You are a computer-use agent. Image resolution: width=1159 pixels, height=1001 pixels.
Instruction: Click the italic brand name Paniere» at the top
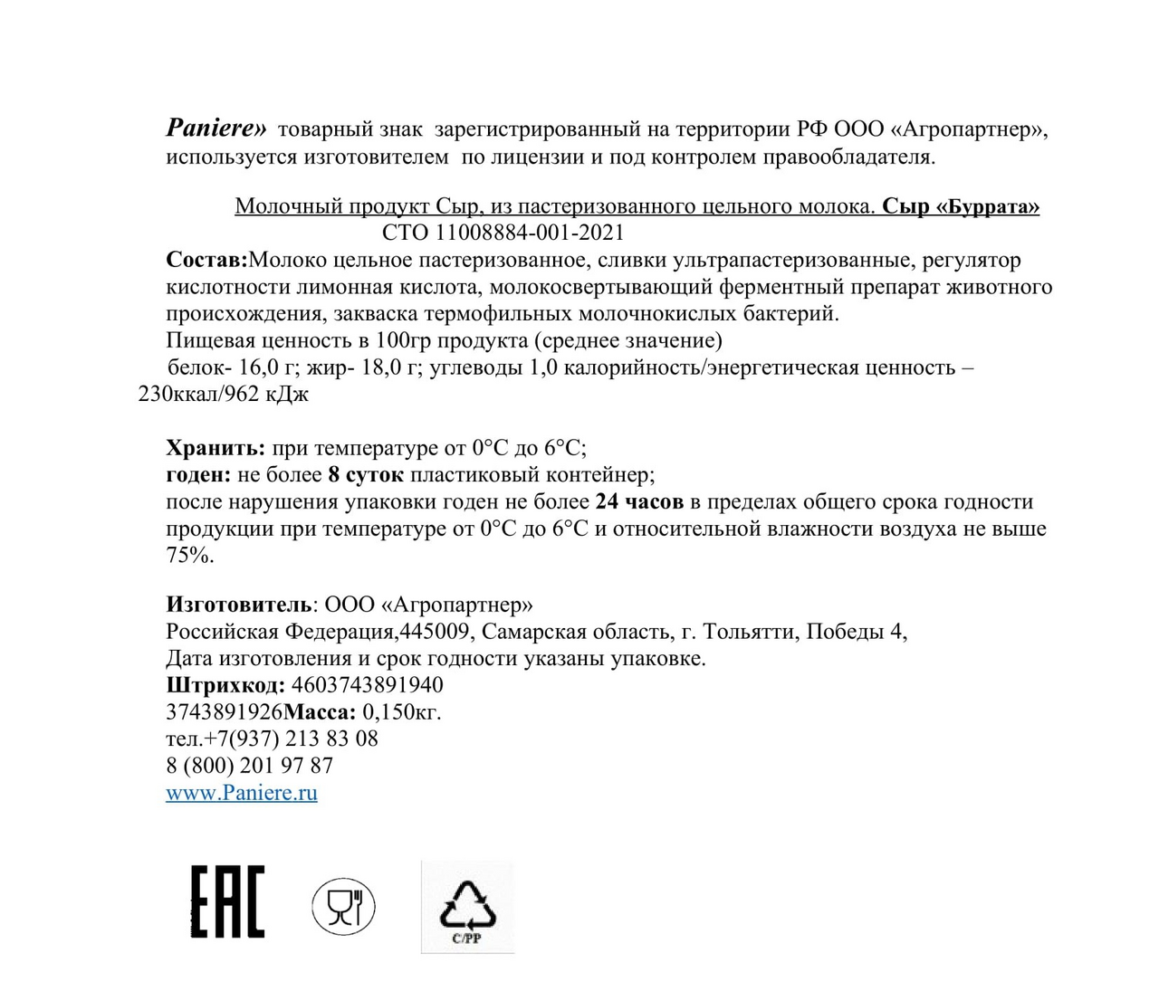[216, 129]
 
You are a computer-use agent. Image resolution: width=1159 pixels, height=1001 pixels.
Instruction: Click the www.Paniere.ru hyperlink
[242, 793]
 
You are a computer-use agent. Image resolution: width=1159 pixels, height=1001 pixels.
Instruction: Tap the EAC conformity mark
[227, 901]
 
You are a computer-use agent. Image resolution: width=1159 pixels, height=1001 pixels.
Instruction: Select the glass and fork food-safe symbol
[343, 906]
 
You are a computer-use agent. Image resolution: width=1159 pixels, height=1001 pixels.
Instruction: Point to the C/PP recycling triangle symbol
[467, 908]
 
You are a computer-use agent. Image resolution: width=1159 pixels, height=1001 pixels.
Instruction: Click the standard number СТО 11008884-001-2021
[503, 233]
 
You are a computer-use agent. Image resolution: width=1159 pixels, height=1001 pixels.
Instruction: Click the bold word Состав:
[206, 260]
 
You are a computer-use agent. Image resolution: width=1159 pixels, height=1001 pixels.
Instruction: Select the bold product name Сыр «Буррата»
[961, 206]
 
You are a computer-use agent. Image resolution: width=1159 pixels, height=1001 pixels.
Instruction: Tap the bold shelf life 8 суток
[366, 474]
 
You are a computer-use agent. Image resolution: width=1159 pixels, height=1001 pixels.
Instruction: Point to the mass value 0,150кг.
[402, 712]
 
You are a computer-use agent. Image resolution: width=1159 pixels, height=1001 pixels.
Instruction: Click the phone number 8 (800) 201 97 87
[250, 766]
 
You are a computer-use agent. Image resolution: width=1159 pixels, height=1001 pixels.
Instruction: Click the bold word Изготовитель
[239, 605]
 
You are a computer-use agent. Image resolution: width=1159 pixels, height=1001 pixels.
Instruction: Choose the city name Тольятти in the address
[748, 632]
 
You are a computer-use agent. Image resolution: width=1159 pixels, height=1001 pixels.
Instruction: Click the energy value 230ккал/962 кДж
[224, 395]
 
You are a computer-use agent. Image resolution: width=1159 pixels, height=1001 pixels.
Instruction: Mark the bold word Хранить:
[216, 448]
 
